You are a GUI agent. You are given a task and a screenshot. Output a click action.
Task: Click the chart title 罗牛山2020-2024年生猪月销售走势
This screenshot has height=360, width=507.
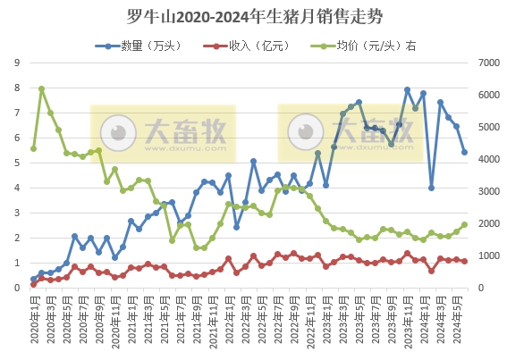coord(253,16)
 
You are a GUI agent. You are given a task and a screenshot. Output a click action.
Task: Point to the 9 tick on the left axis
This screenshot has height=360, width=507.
coord(17,63)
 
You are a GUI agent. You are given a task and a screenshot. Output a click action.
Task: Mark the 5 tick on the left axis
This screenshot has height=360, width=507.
coord(17,163)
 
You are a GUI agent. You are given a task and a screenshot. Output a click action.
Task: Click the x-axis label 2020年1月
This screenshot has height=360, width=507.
coord(33,318)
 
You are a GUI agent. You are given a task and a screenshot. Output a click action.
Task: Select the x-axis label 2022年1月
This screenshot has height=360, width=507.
coord(229,318)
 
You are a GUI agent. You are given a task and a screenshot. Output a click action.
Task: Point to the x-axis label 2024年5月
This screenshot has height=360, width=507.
coord(457,318)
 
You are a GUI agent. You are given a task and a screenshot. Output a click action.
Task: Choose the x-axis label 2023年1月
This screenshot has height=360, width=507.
coord(326,318)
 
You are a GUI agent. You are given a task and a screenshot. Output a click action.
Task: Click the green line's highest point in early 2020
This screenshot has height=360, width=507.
coord(42,89)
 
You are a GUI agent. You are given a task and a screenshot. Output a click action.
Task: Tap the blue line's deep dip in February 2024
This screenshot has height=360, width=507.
coord(432,188)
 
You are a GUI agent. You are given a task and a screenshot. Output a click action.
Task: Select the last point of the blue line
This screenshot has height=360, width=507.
coord(465,153)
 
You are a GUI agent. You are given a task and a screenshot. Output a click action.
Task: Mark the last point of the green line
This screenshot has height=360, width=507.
coord(465,225)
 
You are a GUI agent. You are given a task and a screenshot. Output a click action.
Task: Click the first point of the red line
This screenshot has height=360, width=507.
coord(34,284)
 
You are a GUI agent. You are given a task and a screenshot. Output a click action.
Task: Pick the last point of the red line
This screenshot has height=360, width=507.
coord(465,262)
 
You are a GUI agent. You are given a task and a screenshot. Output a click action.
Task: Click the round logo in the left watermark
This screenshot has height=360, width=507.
coord(118,133)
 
